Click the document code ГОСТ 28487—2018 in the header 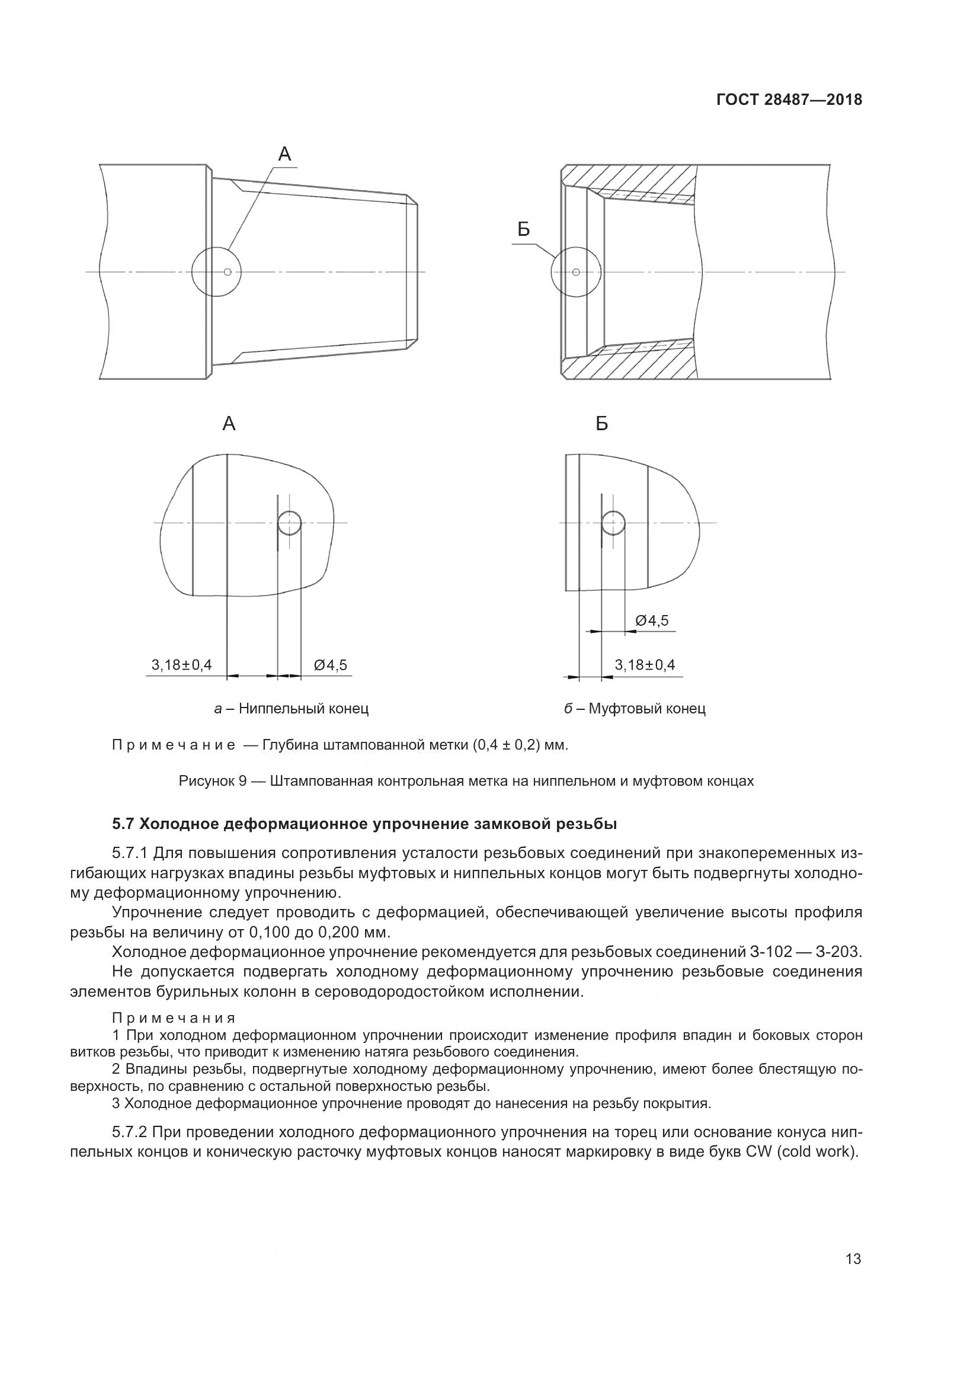click(789, 100)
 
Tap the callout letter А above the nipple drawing click(284, 155)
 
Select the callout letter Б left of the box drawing click(523, 229)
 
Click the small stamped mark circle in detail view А click(290, 523)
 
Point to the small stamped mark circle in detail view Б click(614, 522)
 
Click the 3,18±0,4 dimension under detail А click(182, 665)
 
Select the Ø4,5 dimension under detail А click(330, 665)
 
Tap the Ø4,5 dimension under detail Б click(652, 620)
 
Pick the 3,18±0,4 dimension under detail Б click(645, 665)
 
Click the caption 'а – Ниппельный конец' click(291, 708)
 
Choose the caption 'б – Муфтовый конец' click(635, 708)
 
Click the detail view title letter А click(229, 424)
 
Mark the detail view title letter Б click(601, 424)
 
